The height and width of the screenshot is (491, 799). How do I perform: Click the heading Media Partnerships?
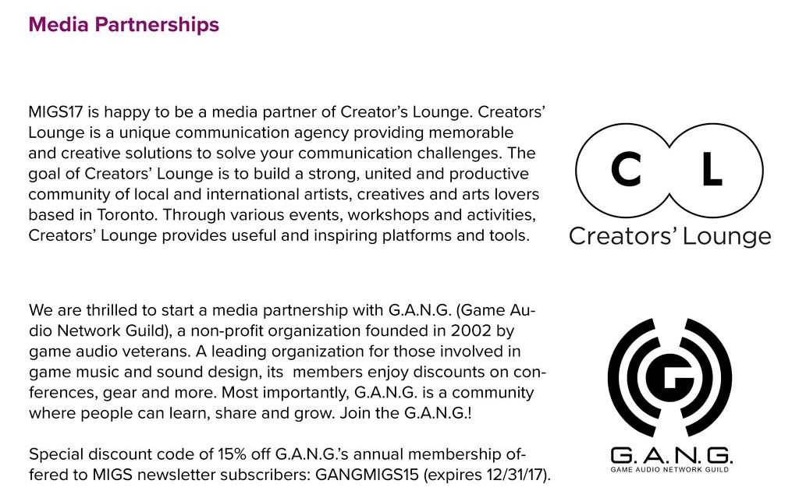(124, 25)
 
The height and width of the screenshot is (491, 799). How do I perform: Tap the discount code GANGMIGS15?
(367, 475)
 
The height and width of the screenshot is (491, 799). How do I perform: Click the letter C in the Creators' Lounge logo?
(626, 170)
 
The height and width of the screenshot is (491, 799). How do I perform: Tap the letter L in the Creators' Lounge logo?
(712, 170)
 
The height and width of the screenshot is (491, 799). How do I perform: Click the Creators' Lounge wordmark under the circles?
(669, 237)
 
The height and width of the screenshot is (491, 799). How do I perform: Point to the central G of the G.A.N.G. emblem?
(669, 377)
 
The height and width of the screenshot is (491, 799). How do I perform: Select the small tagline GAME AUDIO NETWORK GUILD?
(669, 469)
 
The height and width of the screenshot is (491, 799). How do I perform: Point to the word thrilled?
(113, 310)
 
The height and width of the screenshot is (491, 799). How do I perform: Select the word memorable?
(471, 132)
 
